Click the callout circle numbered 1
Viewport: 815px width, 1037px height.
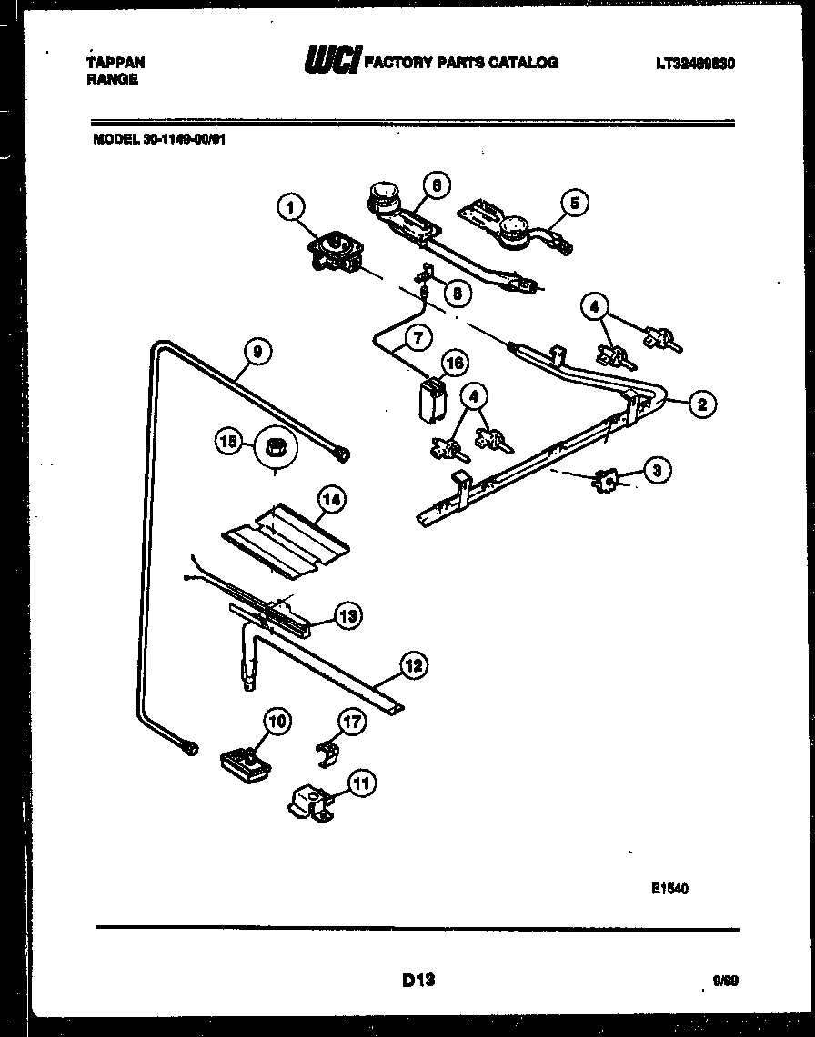(290, 209)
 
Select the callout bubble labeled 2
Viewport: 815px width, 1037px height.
(701, 404)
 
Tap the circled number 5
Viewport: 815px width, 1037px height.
(575, 202)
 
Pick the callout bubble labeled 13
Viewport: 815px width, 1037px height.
(347, 615)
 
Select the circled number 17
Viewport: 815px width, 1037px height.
(351, 723)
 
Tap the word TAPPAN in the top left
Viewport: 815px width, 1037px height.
(115, 63)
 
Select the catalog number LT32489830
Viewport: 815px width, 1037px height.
(694, 63)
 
